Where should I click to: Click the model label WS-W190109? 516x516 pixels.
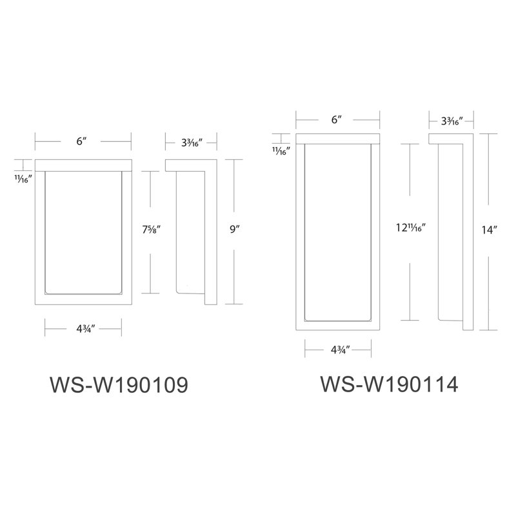pyautogui.click(x=119, y=384)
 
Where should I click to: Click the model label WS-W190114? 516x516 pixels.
pyautogui.click(x=389, y=384)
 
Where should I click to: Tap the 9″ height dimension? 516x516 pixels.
pyautogui.click(x=235, y=229)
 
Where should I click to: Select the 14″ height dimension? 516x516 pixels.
pyautogui.click(x=489, y=230)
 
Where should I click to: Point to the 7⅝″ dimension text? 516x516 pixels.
pyautogui.click(x=152, y=229)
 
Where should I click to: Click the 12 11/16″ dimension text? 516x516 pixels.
pyautogui.click(x=411, y=227)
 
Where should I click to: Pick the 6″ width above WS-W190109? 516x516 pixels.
pyautogui.click(x=81, y=141)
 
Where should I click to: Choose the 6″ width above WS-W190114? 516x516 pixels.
pyautogui.click(x=336, y=119)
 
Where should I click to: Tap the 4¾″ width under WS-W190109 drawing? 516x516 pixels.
pyautogui.click(x=86, y=328)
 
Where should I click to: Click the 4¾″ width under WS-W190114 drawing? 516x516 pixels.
pyautogui.click(x=341, y=350)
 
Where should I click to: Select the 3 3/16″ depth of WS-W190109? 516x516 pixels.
pyautogui.click(x=192, y=143)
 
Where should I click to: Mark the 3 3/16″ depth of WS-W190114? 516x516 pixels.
pyautogui.click(x=452, y=121)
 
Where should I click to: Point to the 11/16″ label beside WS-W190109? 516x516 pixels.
pyautogui.click(x=23, y=179)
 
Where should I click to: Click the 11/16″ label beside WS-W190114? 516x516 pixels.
pyautogui.click(x=281, y=151)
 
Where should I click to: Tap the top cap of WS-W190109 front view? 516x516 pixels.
pyautogui.click(x=83, y=166)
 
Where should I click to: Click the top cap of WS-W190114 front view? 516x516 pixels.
pyautogui.click(x=338, y=139)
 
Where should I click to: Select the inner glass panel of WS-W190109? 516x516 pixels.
pyautogui.click(x=83, y=233)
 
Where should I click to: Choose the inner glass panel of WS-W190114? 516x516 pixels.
pyautogui.click(x=338, y=233)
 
